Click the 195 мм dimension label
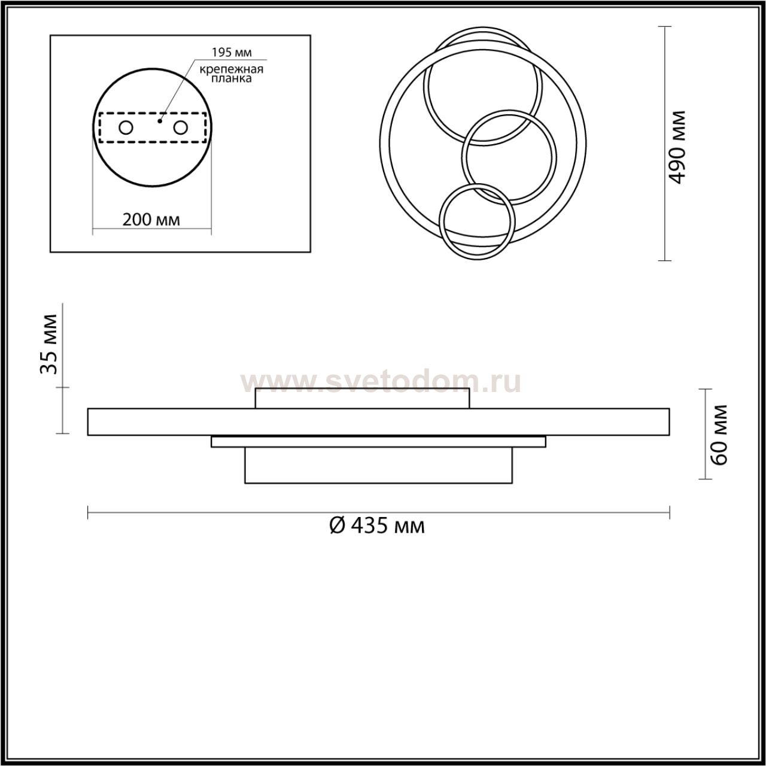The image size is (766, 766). pyautogui.click(x=232, y=52)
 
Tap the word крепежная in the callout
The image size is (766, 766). pyautogui.click(x=232, y=69)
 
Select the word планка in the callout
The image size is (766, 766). pyautogui.click(x=231, y=79)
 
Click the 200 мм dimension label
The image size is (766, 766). pyautogui.click(x=151, y=220)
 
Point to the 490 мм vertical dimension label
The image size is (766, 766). pyautogui.click(x=677, y=147)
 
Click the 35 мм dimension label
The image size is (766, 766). pyautogui.click(x=49, y=344)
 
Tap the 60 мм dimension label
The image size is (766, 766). pyautogui.click(x=719, y=434)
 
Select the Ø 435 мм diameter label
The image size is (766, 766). pyautogui.click(x=377, y=526)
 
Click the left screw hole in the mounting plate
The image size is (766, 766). pyautogui.click(x=126, y=128)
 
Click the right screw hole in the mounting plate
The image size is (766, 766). pyautogui.click(x=180, y=128)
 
